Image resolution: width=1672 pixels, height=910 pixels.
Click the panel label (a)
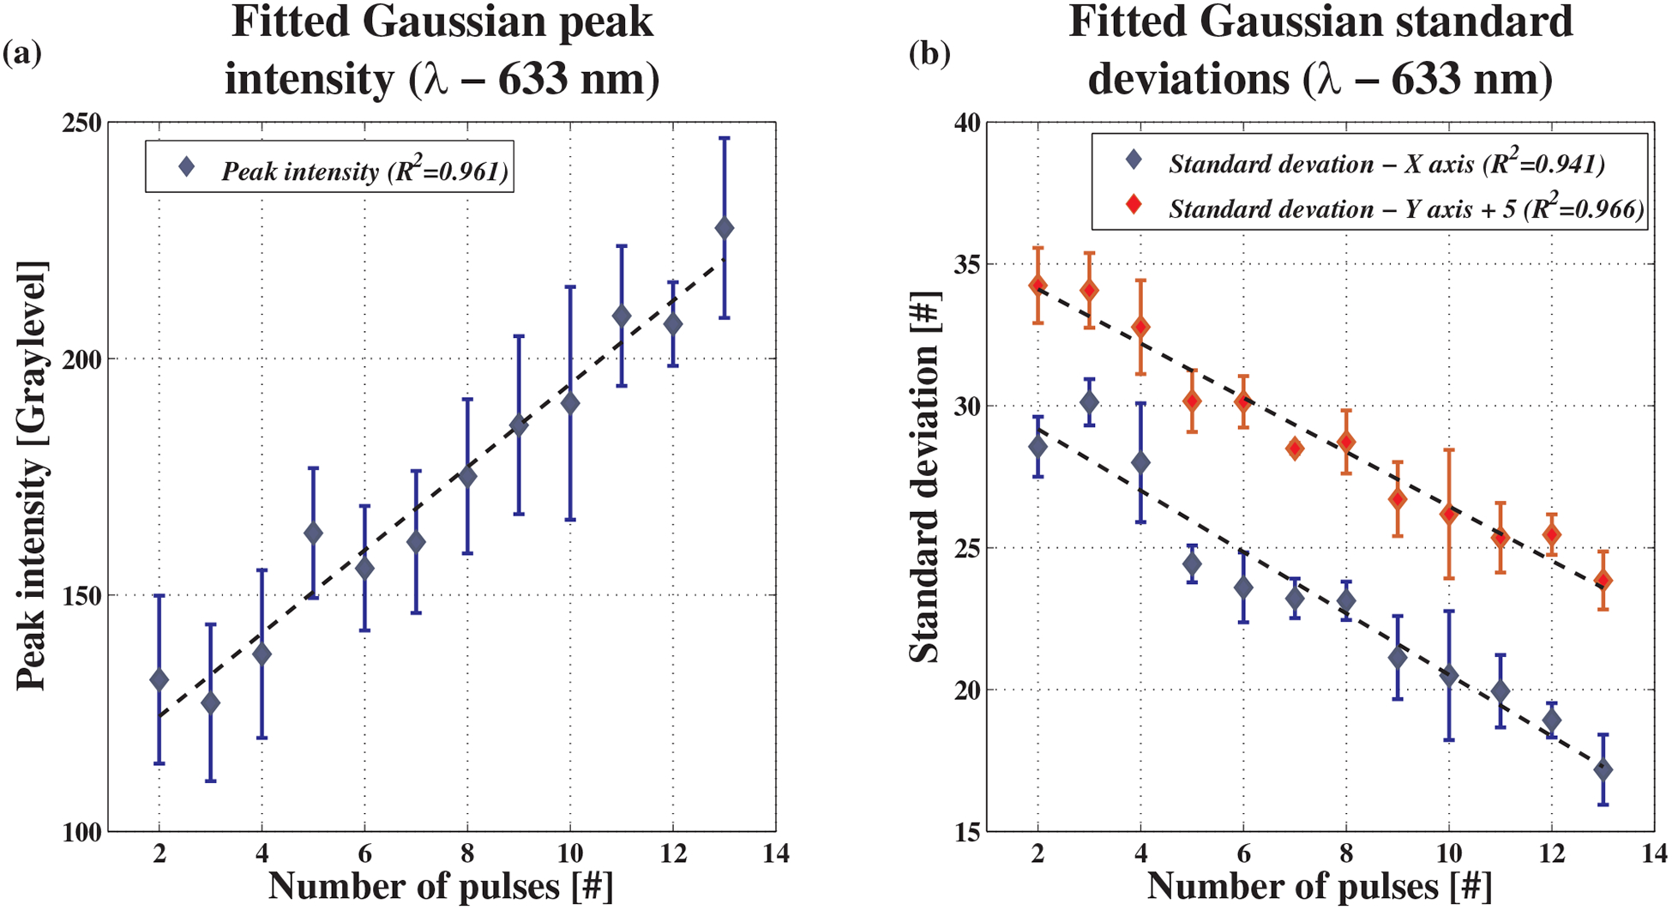(21, 55)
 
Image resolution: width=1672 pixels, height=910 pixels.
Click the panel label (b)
(929, 55)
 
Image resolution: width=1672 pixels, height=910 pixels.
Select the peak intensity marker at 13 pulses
(724, 229)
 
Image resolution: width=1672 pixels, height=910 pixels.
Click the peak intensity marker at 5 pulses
(313, 533)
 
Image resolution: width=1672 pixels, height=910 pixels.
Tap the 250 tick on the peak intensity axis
(85, 123)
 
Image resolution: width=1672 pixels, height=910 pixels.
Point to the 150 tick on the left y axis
(85, 595)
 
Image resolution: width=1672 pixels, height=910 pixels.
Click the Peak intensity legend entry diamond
(186, 167)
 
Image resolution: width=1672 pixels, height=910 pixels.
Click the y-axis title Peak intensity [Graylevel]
(33, 476)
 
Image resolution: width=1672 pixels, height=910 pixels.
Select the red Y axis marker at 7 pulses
(1295, 449)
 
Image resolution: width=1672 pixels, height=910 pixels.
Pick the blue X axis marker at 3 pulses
(1089, 401)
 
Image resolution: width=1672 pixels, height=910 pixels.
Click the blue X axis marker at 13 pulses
(1603, 770)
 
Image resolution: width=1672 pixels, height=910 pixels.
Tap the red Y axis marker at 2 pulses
(1038, 285)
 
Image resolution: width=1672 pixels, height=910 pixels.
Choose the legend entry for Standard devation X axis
(1386, 164)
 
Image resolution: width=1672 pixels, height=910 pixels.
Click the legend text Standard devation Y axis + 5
(1406, 208)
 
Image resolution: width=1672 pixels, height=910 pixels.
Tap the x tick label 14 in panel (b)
(1653, 853)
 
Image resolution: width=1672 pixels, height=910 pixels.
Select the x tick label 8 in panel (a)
(467, 853)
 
